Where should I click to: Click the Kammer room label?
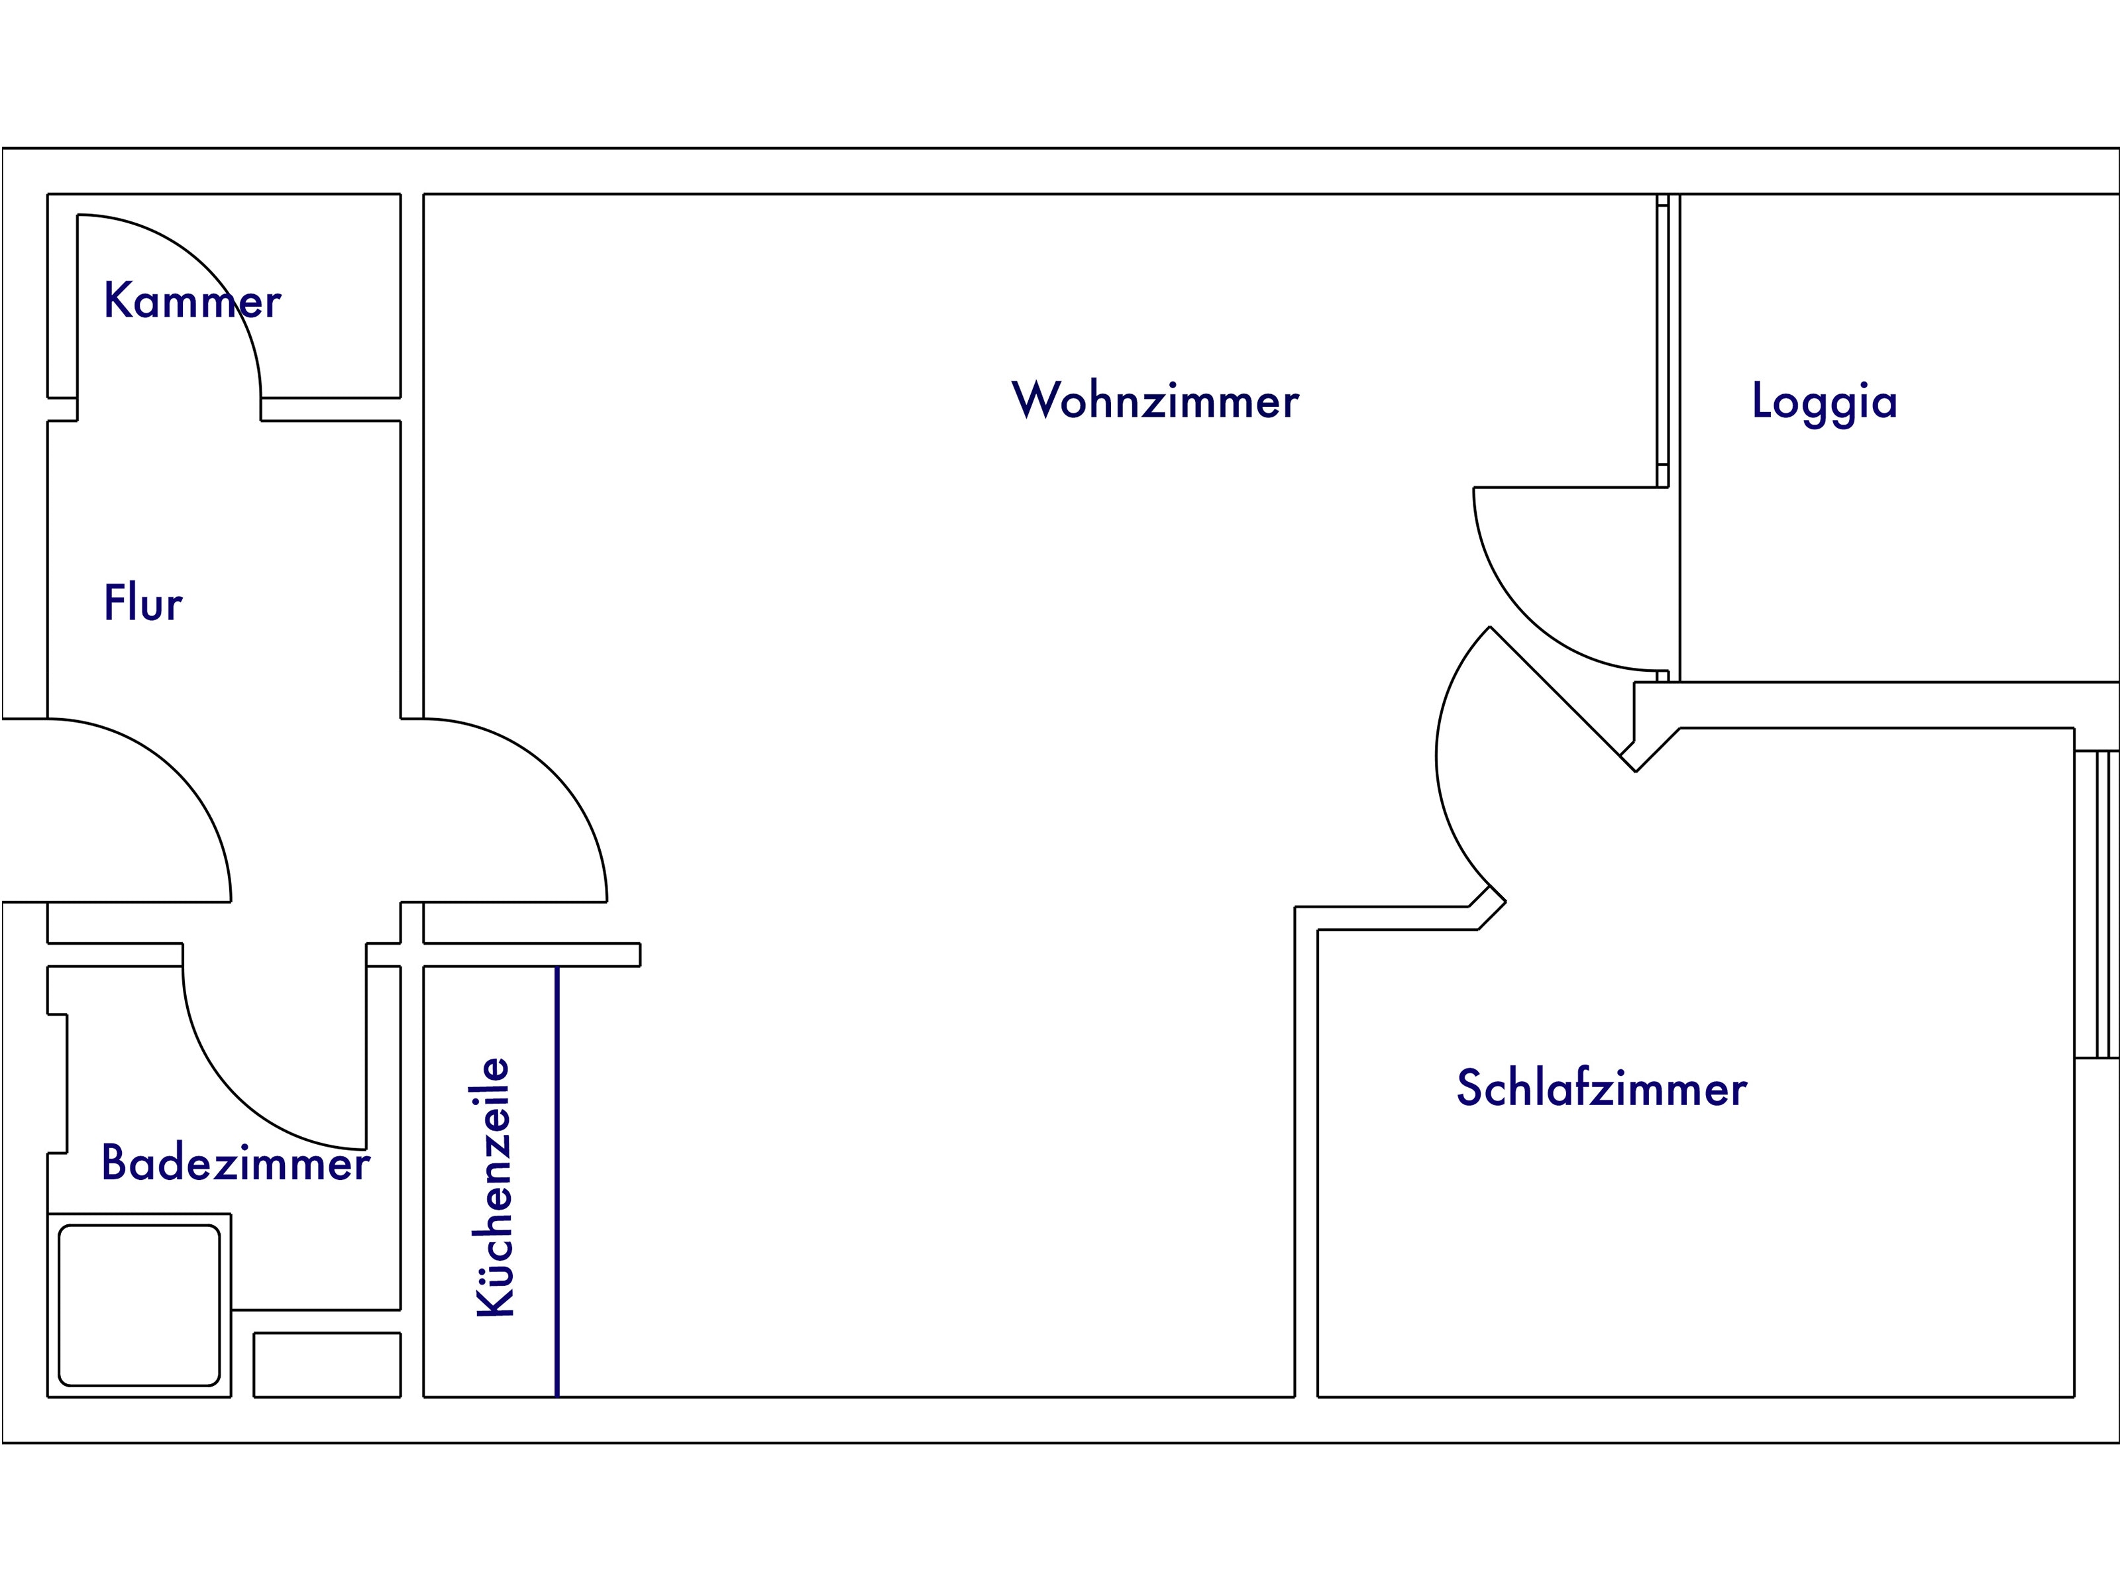[191, 300]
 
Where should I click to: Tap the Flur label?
[143, 603]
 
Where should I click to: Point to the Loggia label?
[1824, 403]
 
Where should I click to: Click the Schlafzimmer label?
[1601, 1088]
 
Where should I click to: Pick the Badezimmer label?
[236, 1163]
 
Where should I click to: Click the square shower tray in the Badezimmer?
[140, 1305]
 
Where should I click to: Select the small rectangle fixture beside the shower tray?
[327, 1365]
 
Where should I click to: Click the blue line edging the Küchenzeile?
[557, 1182]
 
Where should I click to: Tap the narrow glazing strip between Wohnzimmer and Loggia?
[1663, 341]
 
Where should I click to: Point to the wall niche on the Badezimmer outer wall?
[58, 1083]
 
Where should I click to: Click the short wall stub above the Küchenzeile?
[532, 955]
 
